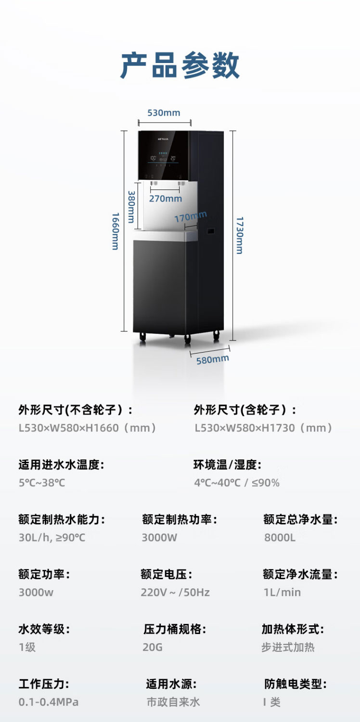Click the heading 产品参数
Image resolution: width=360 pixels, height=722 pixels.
click(180, 65)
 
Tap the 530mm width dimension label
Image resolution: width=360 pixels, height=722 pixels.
click(164, 113)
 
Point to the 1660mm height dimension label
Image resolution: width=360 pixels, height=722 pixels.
click(115, 231)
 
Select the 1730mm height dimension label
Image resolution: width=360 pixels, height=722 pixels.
click(240, 235)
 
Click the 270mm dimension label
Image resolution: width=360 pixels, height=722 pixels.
click(166, 199)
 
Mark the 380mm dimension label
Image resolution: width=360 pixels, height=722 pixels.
click(131, 207)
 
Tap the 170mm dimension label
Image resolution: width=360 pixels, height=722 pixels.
click(191, 216)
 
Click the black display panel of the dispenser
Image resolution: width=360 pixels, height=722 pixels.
click(163, 155)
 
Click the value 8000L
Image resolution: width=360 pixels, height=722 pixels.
click(280, 538)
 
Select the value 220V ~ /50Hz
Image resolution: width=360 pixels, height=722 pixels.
click(175, 593)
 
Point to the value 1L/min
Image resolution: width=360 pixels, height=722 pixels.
click(282, 593)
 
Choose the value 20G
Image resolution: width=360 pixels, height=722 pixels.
click(153, 647)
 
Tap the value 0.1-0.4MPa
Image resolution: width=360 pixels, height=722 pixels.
click(49, 702)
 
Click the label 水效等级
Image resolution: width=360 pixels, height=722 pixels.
click(44, 629)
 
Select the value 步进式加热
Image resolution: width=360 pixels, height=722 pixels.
click(288, 647)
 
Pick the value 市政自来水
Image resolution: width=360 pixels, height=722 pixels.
click(173, 702)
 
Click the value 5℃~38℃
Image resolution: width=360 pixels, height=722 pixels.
click(42, 483)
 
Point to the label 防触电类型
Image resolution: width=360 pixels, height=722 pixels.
click(295, 684)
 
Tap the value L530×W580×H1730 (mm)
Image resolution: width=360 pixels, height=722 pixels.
click(263, 428)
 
